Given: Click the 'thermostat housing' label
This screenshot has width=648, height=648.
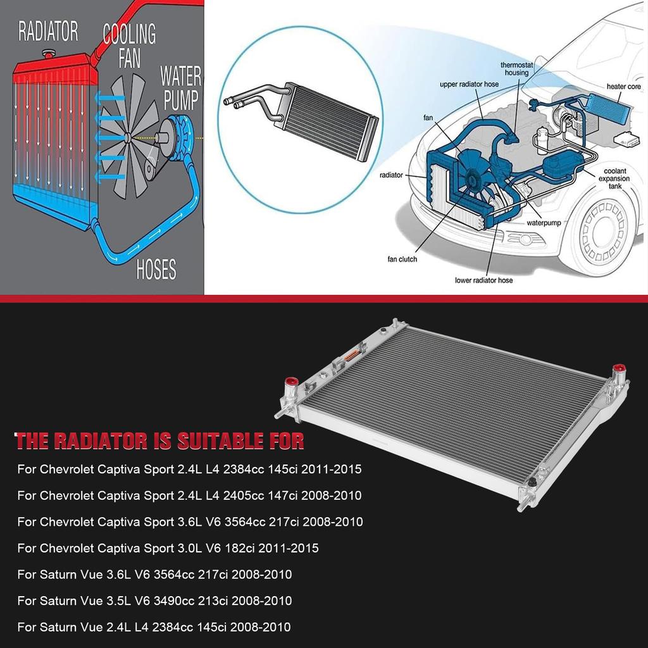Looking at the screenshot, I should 514,69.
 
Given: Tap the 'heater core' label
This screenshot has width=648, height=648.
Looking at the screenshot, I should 624,86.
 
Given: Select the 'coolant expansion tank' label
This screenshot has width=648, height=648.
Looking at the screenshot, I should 614,179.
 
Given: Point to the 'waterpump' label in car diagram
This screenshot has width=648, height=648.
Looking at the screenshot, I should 544,223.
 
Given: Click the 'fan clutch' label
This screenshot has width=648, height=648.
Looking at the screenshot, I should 402,259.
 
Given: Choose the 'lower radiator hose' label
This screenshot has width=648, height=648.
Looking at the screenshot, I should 483,280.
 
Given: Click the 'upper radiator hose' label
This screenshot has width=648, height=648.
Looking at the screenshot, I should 469,84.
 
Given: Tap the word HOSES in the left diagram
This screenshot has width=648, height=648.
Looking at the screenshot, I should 156,270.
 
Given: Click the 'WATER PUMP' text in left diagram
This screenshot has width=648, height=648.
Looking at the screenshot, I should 180,88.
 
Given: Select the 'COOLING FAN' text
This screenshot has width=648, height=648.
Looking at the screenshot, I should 129,45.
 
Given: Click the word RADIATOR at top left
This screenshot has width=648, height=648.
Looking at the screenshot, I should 48,31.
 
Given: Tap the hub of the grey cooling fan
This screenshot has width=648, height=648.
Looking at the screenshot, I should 128,137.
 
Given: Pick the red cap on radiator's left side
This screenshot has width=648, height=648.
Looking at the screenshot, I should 292,382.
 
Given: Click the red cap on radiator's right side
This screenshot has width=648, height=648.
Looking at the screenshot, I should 619,369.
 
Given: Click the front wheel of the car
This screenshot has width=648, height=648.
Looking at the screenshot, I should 602,231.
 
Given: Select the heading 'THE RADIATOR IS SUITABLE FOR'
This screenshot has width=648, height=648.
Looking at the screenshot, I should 159,440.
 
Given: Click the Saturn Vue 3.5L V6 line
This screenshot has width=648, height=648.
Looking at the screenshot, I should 154,601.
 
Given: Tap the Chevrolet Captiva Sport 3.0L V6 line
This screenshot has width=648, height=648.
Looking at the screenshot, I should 168,548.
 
